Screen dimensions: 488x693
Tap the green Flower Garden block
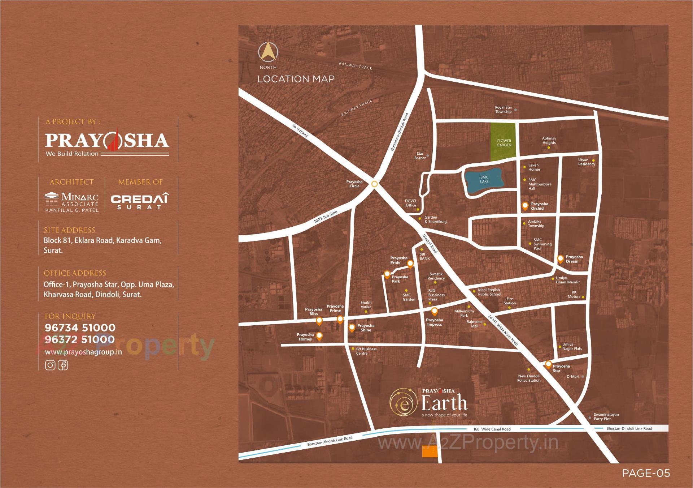[504, 142]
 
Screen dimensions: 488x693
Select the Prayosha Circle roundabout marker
[375, 184]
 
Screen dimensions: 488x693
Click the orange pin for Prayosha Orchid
[525, 206]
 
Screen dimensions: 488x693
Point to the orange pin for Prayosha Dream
[560, 258]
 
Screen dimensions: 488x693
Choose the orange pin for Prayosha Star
[548, 364]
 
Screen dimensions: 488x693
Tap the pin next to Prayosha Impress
[435, 311]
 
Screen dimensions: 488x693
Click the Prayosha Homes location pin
[319, 336]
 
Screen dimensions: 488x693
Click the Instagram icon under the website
[50, 365]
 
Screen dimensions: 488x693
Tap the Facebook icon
[63, 365]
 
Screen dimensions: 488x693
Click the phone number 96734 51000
[80, 328]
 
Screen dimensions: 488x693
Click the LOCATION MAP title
[296, 79]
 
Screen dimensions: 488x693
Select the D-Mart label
[573, 376]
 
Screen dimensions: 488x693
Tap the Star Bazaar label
[420, 156]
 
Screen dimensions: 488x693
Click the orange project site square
[430, 451]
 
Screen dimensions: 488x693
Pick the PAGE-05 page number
[646, 473]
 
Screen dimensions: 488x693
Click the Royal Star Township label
[503, 110]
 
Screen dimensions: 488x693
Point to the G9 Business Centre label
[366, 351]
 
